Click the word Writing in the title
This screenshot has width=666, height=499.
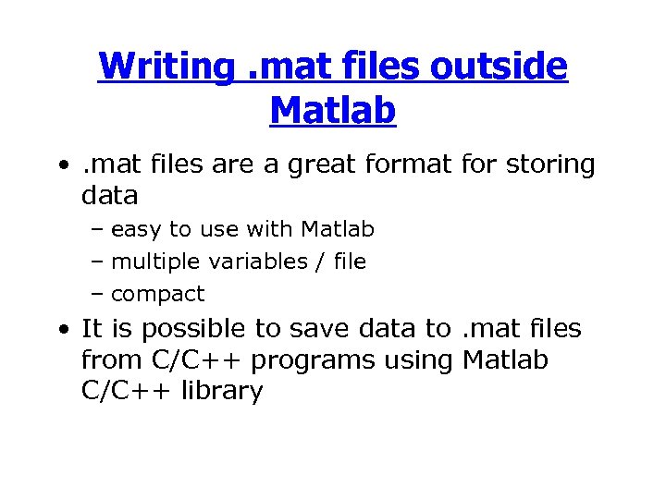coord(166,67)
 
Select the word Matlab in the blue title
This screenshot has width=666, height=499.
coord(333,110)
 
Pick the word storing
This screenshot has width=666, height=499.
coord(552,164)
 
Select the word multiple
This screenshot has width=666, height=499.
coord(156,262)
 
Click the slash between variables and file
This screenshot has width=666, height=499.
coord(320,262)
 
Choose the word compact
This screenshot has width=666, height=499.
coord(157,295)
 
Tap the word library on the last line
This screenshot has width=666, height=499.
coord(223,391)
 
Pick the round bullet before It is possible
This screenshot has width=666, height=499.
coord(60,329)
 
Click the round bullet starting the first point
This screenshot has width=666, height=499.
coord(60,165)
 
